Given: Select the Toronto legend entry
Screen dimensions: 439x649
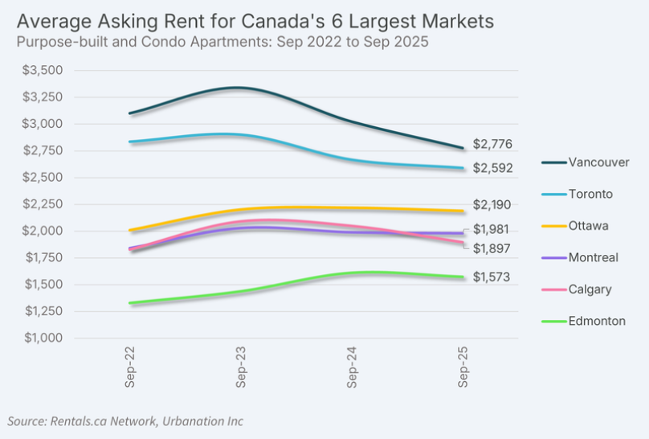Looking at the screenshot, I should (590, 194).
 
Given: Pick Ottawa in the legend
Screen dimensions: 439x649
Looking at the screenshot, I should (589, 225).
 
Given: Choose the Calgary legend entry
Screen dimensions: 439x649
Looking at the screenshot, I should (590, 289).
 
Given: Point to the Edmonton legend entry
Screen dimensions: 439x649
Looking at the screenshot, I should (597, 321).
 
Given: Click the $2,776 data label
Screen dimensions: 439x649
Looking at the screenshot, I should (492, 144).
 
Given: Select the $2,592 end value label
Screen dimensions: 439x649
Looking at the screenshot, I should (492, 168).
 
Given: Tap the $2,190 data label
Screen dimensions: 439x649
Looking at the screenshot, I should (492, 204).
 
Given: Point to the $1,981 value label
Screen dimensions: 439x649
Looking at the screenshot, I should (492, 230).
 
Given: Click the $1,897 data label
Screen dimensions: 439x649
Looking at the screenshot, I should (492, 248).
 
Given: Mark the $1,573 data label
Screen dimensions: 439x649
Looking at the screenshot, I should (492, 277).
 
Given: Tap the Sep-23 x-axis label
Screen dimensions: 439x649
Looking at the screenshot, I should (241, 371).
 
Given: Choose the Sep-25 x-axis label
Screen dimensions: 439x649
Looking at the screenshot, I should (463, 371).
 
